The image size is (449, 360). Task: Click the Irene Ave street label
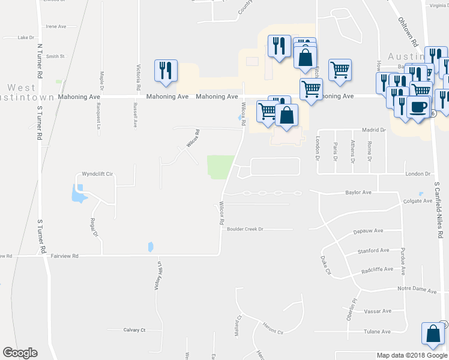pyautogui.click(x=56, y=26)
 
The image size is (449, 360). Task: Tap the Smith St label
pyautogui.click(x=55, y=56)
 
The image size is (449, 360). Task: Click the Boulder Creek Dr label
pyautogui.click(x=245, y=229)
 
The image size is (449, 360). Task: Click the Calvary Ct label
pyautogui.click(x=134, y=330)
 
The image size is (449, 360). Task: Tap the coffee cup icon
pyautogui.click(x=418, y=107)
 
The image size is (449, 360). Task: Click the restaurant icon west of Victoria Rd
pyautogui.click(x=164, y=70)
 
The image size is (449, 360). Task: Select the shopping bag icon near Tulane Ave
pyautogui.click(x=433, y=334)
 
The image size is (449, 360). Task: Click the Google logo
pyautogui.click(x=20, y=353)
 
